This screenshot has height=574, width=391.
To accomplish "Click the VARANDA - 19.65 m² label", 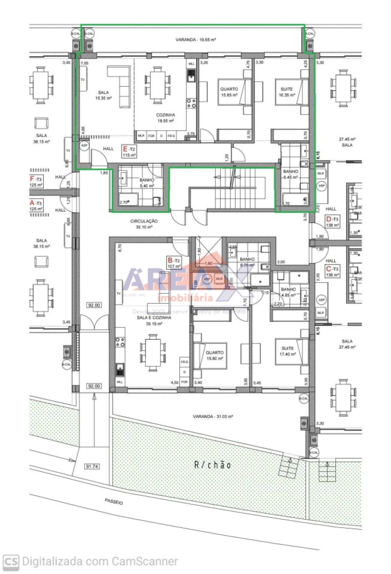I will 195,40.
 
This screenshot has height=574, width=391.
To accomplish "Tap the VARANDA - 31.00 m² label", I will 213,416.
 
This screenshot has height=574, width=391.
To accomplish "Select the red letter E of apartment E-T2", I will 125,149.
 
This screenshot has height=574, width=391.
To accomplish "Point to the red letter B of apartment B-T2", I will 170,260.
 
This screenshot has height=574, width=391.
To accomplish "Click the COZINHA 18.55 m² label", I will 166,118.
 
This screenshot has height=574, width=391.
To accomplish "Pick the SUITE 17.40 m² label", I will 287,351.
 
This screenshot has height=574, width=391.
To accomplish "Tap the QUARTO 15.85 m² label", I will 229,92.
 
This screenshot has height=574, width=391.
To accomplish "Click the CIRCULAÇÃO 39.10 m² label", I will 144,224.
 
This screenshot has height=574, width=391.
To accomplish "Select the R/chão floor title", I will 213,465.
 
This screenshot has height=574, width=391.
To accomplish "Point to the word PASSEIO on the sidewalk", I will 114,502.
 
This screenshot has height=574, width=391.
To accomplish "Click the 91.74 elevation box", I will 92,466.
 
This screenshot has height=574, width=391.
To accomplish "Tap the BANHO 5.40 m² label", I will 147,183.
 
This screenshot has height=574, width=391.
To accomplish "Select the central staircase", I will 234,188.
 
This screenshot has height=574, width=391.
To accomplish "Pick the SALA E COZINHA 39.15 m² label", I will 154,320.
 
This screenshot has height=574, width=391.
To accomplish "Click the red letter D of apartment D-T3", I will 328,219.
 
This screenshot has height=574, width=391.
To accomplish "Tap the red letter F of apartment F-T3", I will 32,179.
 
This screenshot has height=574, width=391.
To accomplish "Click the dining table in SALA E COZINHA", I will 153,353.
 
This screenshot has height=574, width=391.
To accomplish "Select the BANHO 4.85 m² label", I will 288,292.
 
